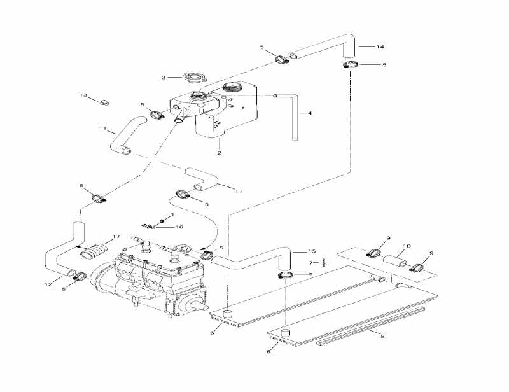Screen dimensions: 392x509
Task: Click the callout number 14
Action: tap(380, 47)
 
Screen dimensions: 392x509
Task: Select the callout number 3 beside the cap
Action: tap(164, 78)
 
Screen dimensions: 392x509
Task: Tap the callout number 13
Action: tap(83, 95)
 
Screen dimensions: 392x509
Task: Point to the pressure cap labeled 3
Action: tap(191, 78)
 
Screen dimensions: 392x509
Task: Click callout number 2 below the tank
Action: tap(219, 153)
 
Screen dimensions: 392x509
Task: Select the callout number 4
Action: tap(310, 114)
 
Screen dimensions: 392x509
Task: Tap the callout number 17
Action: tap(116, 237)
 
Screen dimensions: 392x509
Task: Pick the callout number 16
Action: tap(179, 227)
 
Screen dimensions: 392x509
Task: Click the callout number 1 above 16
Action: tap(172, 215)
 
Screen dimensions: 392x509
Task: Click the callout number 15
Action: tap(312, 251)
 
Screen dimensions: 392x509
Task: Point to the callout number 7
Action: tap(311, 262)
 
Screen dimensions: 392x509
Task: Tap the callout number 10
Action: tap(407, 246)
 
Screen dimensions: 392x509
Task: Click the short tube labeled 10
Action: tap(393, 260)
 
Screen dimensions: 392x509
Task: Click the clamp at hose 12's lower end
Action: tap(79, 276)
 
